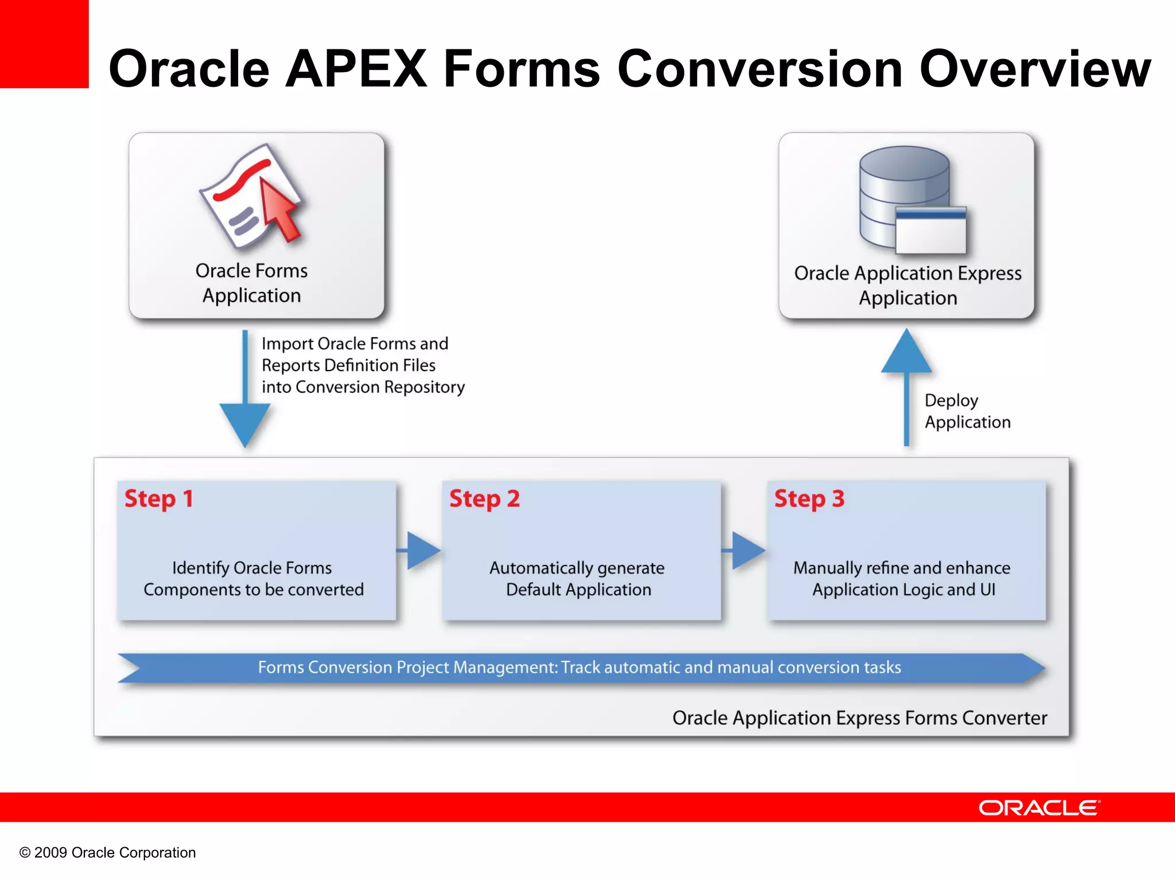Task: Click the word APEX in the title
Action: click(356, 69)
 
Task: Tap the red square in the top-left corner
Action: click(44, 44)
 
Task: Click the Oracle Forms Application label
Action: click(251, 283)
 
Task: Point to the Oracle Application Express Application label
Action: click(908, 285)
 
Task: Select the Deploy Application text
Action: click(967, 411)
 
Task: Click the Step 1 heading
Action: click(159, 499)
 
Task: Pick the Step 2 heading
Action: click(484, 499)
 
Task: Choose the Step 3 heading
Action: click(809, 499)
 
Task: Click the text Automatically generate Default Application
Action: click(578, 578)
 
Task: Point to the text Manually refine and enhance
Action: click(902, 568)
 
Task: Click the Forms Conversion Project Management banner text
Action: click(579, 667)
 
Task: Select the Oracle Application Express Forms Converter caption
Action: click(859, 718)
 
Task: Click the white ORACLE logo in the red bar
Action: click(1039, 808)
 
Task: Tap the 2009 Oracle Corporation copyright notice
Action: click(108, 852)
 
